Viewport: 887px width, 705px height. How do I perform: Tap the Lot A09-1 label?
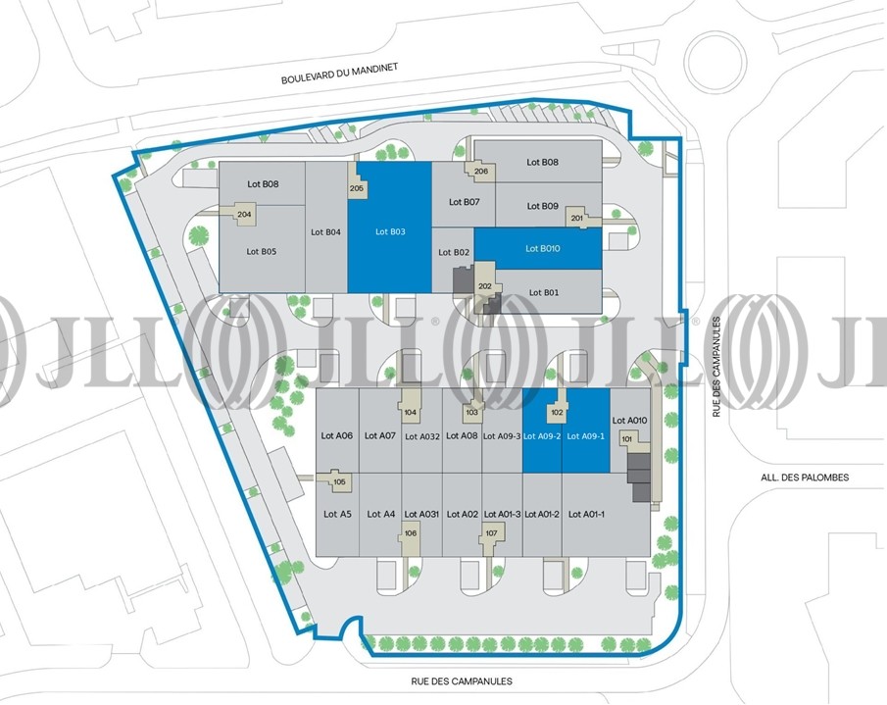tap(585, 436)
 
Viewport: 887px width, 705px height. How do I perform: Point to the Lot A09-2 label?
tap(542, 436)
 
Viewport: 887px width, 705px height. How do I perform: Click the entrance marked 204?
tap(244, 215)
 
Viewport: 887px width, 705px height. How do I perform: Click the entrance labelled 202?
tap(485, 286)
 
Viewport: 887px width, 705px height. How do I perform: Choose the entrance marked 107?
tap(492, 533)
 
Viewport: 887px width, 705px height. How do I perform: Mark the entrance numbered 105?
tap(339, 481)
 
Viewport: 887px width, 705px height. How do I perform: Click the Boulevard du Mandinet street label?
tap(340, 74)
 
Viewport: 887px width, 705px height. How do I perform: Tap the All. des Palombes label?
tap(805, 478)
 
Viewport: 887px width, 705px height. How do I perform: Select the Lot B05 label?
tap(262, 251)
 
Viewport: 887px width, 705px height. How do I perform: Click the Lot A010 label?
tap(629, 421)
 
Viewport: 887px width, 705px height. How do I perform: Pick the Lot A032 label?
tap(422, 436)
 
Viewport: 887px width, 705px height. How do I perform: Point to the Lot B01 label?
tap(544, 292)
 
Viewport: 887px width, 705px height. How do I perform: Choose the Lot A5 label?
tap(338, 514)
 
